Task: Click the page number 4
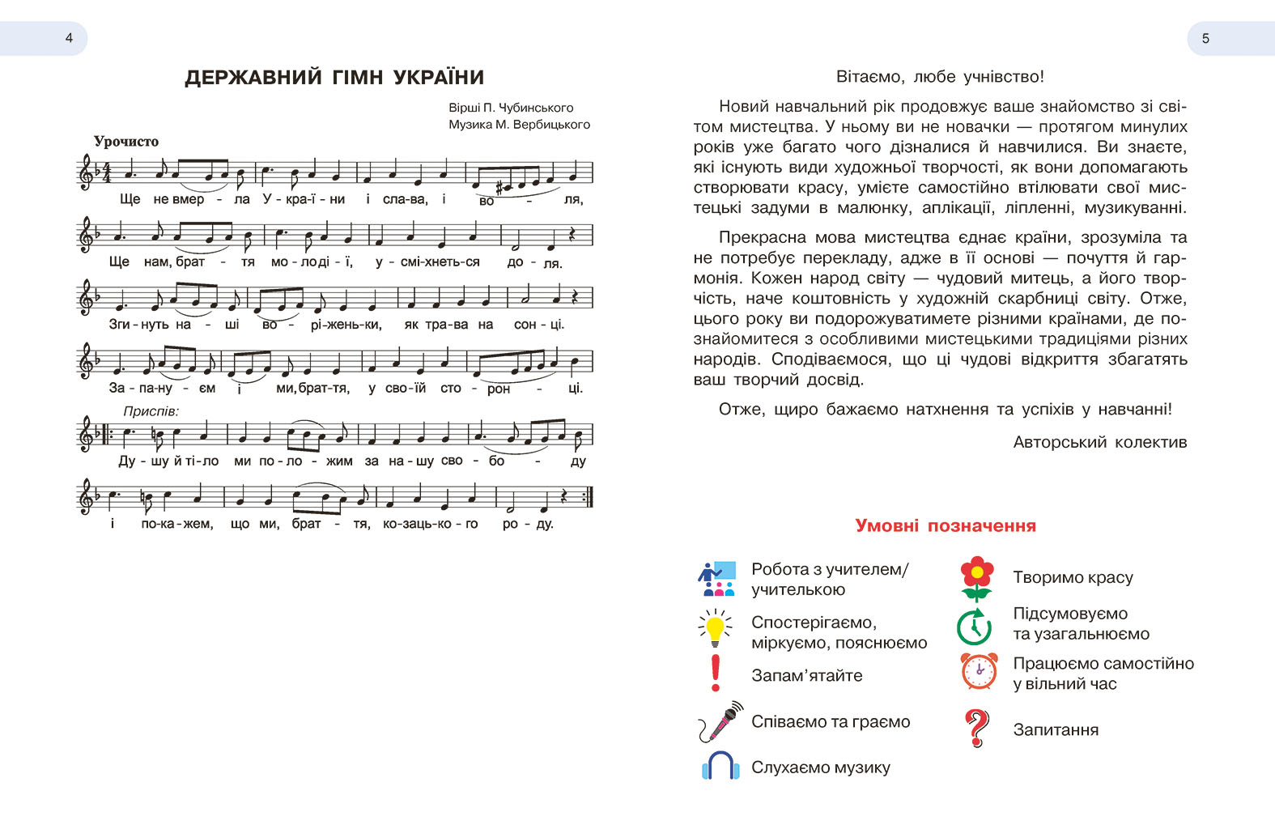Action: (x=69, y=38)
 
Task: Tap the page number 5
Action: (x=1205, y=38)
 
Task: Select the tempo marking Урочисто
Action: (x=125, y=142)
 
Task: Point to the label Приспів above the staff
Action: (x=151, y=411)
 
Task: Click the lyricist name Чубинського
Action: (x=538, y=108)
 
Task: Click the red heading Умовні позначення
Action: (x=945, y=526)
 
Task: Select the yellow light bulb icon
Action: (x=715, y=628)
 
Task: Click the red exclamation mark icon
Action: (x=715, y=673)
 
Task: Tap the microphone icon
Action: (x=720, y=721)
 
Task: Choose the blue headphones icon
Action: (x=720, y=765)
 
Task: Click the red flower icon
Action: (x=976, y=578)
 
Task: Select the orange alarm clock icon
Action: (x=979, y=671)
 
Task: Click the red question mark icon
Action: (x=977, y=728)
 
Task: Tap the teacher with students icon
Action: (x=716, y=578)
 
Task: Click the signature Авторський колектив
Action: (x=1099, y=443)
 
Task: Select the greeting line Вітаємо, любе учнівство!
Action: (x=940, y=77)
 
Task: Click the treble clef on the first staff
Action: (x=85, y=172)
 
